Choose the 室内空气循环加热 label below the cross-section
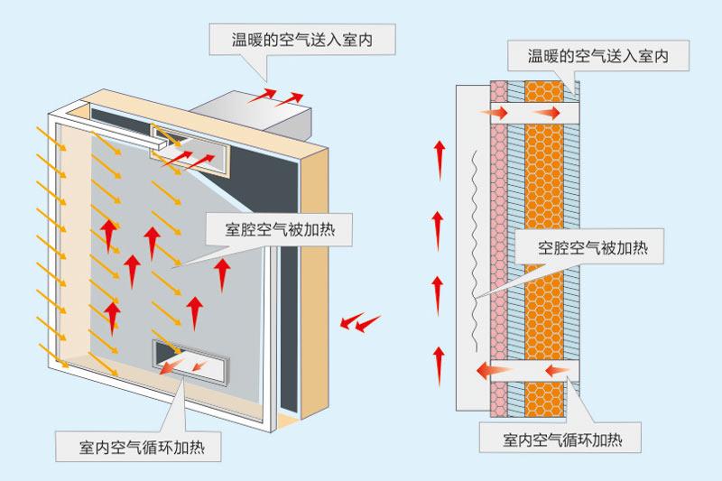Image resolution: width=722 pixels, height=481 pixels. tap(561, 441)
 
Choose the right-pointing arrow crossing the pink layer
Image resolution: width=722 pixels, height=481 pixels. tap(497, 113)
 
